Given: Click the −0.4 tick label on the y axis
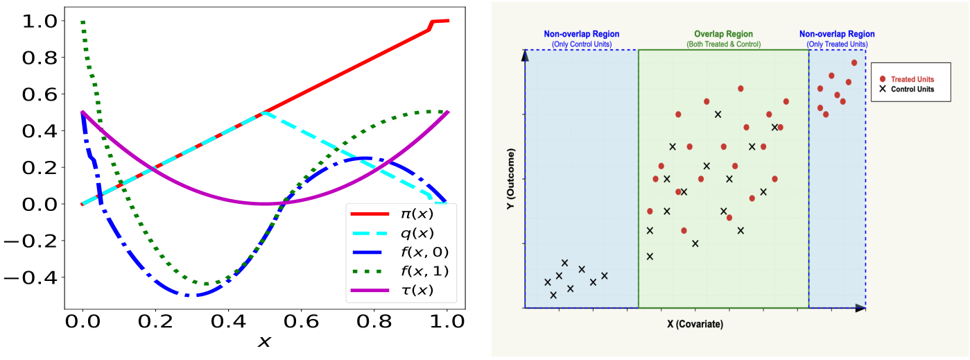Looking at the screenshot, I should [x=29, y=277].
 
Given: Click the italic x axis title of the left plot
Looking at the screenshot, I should [x=264, y=343].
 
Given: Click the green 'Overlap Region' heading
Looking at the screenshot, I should [x=723, y=34].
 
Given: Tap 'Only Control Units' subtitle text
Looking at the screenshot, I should [x=581, y=44].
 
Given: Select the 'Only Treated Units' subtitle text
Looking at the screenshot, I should [x=837, y=44].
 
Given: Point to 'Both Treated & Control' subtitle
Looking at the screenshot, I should [x=723, y=44].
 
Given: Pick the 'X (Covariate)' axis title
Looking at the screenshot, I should [x=695, y=324].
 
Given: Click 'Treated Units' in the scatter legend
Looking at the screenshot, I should [x=912, y=79].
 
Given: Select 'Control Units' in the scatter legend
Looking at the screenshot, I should [x=912, y=89].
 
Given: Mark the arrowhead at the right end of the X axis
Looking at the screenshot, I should [x=860, y=307].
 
